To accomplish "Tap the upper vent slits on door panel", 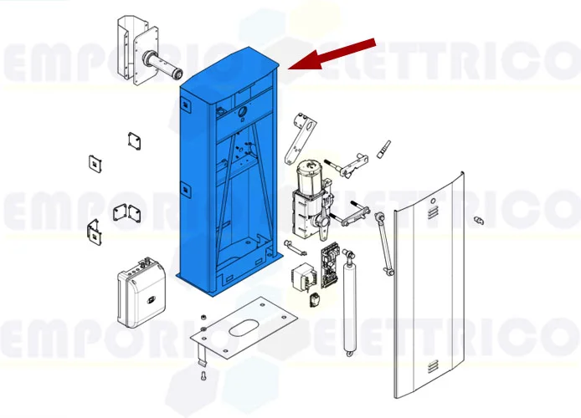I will pyautogui.click(x=430, y=214).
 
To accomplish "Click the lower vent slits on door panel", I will pyautogui.click(x=430, y=365).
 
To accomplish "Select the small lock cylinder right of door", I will pyautogui.click(x=480, y=221).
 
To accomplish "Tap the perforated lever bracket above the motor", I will pyautogui.click(x=299, y=139).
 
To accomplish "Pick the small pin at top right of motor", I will pyautogui.click(x=385, y=149).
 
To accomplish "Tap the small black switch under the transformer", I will pyautogui.click(x=313, y=299).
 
